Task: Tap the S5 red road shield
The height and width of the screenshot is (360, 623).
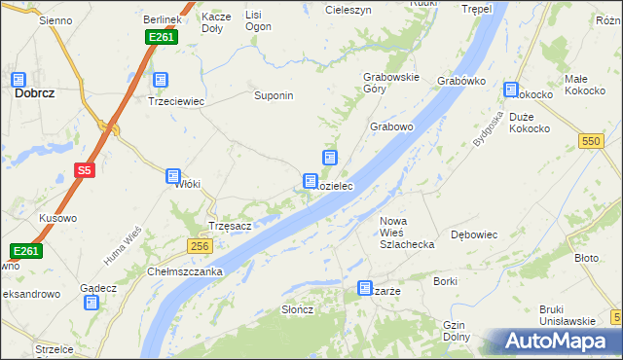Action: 85,170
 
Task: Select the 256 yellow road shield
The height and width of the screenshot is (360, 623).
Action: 200,246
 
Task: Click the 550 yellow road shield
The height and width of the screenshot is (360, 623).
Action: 590,141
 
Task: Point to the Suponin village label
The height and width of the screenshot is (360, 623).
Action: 274,96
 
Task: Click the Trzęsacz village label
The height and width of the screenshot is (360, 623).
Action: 231,226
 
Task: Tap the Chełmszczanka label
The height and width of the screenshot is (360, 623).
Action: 186,271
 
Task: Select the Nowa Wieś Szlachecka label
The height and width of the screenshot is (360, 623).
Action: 406,233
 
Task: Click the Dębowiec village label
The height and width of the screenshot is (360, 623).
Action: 475,234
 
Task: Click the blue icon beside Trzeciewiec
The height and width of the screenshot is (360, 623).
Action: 161,81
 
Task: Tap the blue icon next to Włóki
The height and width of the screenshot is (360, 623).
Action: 173,176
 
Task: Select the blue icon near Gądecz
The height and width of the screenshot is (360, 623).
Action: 92,303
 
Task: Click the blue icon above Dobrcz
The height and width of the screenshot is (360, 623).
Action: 18,80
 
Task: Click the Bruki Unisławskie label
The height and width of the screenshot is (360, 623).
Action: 567,315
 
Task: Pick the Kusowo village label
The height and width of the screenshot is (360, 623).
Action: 57,218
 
